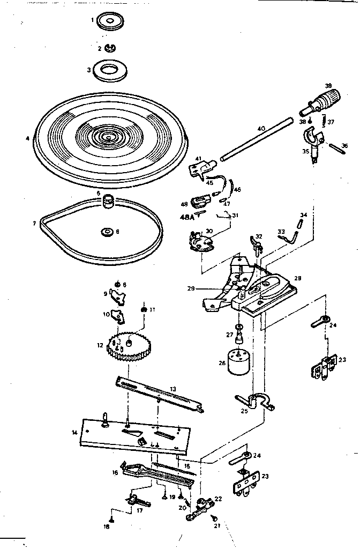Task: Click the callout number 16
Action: click(x=115, y=472)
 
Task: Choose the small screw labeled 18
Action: click(x=111, y=520)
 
